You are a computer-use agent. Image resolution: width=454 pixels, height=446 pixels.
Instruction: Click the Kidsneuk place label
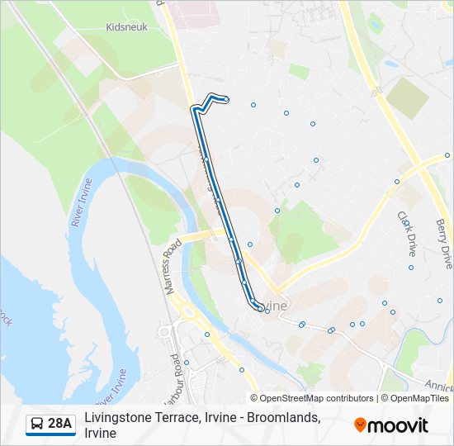(126, 26)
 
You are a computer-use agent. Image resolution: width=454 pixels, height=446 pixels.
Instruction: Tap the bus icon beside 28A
(37, 425)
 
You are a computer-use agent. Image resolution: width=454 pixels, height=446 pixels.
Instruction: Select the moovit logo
(391, 425)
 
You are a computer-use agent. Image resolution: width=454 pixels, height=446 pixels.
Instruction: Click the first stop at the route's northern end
(226, 100)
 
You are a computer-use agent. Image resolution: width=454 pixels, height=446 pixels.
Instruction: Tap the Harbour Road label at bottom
(173, 378)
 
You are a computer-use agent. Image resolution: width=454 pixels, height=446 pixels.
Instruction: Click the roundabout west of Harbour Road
(164, 332)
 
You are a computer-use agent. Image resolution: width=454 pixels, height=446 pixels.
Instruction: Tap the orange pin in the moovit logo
(360, 425)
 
